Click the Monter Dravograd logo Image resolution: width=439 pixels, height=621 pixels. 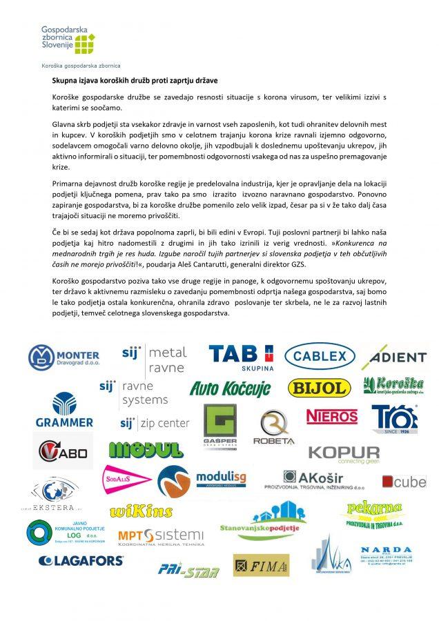coord(69,357)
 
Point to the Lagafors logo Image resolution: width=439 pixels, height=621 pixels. coord(81,560)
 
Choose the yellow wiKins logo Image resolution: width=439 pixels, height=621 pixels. coord(141,511)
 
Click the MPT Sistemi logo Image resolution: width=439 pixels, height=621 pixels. coord(160,538)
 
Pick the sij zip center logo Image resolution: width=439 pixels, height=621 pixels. coord(154,422)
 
